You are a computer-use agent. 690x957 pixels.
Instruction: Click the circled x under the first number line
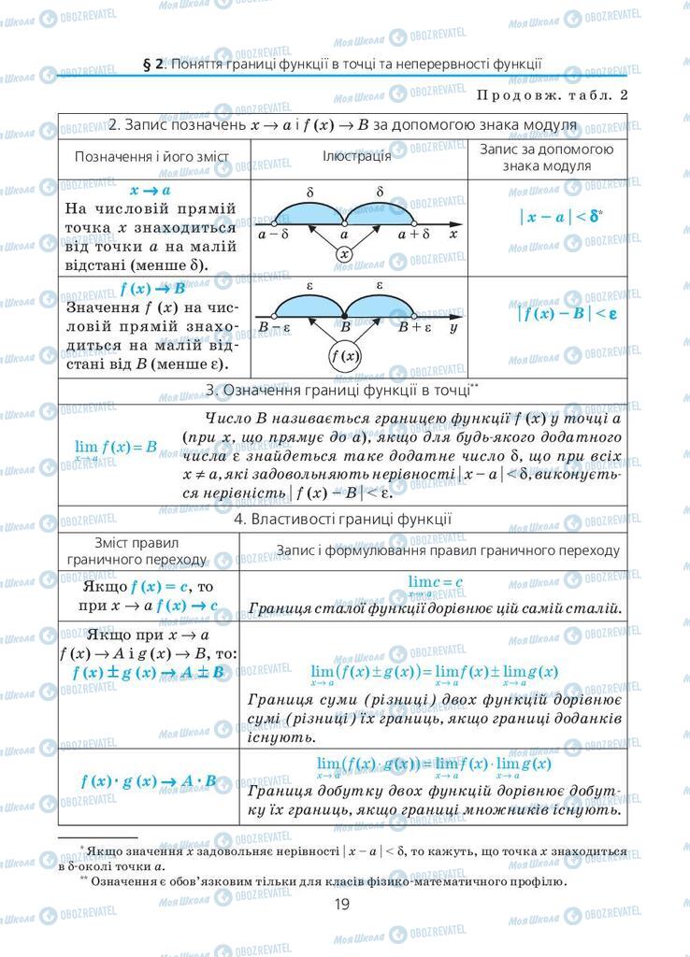coord(344,253)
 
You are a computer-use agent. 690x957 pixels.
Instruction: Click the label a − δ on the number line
coord(273,235)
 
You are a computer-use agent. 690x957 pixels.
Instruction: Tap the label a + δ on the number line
coord(413,235)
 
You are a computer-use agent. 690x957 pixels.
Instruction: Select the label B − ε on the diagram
coord(275,328)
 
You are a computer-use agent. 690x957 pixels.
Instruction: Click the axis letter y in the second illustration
coord(453,328)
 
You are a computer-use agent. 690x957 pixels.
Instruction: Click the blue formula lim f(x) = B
coord(116,448)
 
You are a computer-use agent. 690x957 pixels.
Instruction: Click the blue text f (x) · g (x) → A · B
coord(149,781)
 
